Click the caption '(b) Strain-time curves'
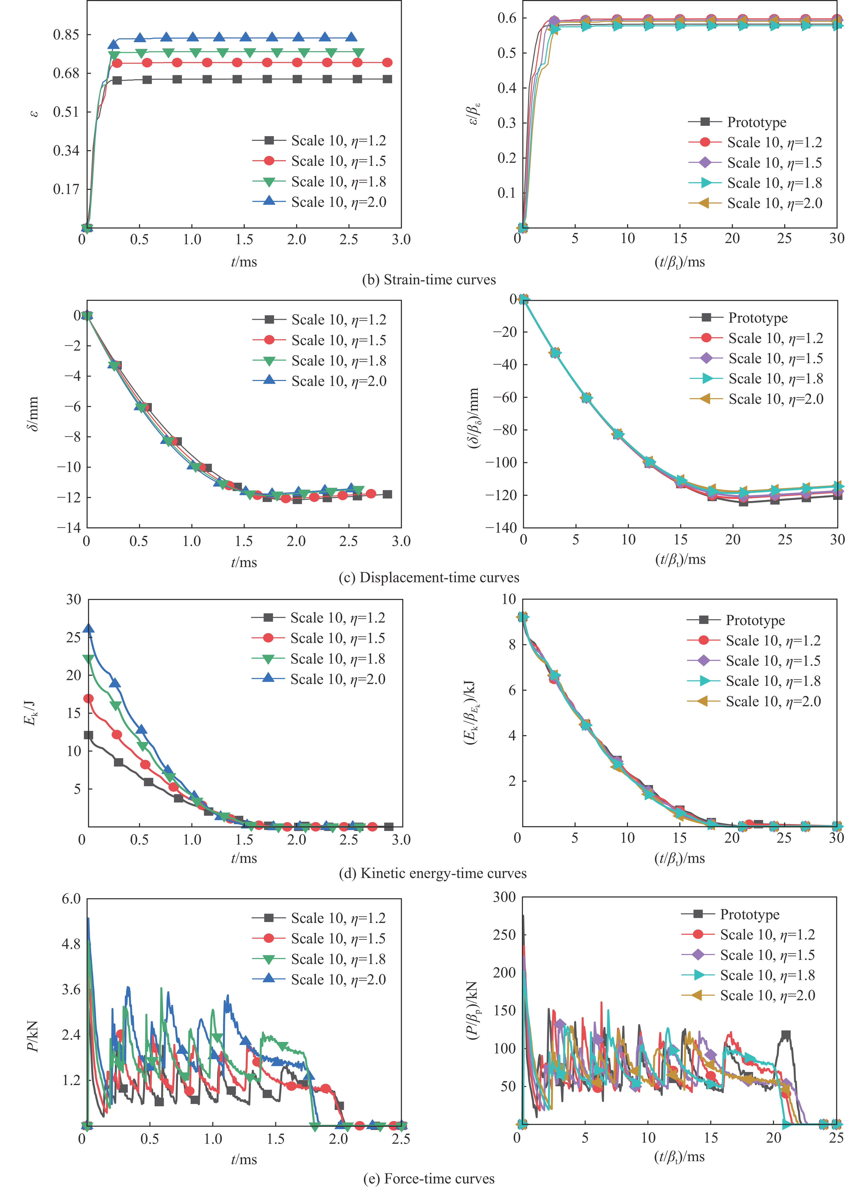[x=429, y=280]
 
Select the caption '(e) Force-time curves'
[x=429, y=1179]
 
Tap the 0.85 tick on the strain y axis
[x=66, y=35]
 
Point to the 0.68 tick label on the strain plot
[x=66, y=73]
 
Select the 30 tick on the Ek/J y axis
[x=73, y=599]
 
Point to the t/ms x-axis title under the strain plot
[x=244, y=261]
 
